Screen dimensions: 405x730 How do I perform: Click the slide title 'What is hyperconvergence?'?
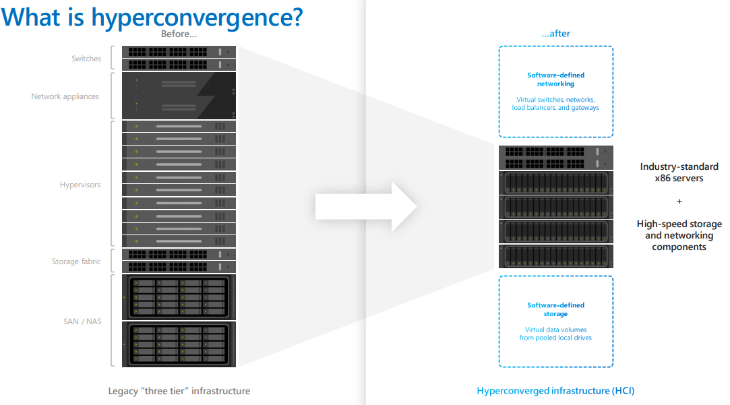[x=152, y=17]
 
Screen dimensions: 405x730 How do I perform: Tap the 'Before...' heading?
[x=179, y=34]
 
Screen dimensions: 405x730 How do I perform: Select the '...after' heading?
[x=555, y=34]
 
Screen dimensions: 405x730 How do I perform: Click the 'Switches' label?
[x=86, y=59]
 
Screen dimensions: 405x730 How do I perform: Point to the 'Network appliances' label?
[x=65, y=96]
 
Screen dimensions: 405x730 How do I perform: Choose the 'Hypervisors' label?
[x=80, y=185]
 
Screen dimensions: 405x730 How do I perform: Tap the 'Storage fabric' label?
[x=76, y=261]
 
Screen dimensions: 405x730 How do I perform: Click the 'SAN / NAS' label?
[x=82, y=321]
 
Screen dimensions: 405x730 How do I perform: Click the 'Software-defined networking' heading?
[x=555, y=80]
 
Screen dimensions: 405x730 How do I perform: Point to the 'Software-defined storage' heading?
[x=555, y=309]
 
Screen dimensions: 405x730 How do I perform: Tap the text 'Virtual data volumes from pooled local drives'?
[x=555, y=334]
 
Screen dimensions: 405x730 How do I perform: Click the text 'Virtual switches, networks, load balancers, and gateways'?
[x=555, y=104]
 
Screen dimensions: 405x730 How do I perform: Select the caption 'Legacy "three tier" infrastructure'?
[x=179, y=391]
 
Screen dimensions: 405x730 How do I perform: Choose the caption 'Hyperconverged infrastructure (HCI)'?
[x=555, y=391]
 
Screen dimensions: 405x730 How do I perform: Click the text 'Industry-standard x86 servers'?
[x=679, y=173]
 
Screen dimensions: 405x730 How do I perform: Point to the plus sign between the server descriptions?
[x=679, y=201]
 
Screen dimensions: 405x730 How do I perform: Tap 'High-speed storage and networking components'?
[x=679, y=235]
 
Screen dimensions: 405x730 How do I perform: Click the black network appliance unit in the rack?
[x=179, y=96]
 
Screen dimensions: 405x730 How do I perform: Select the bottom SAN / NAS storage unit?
[x=179, y=344]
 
